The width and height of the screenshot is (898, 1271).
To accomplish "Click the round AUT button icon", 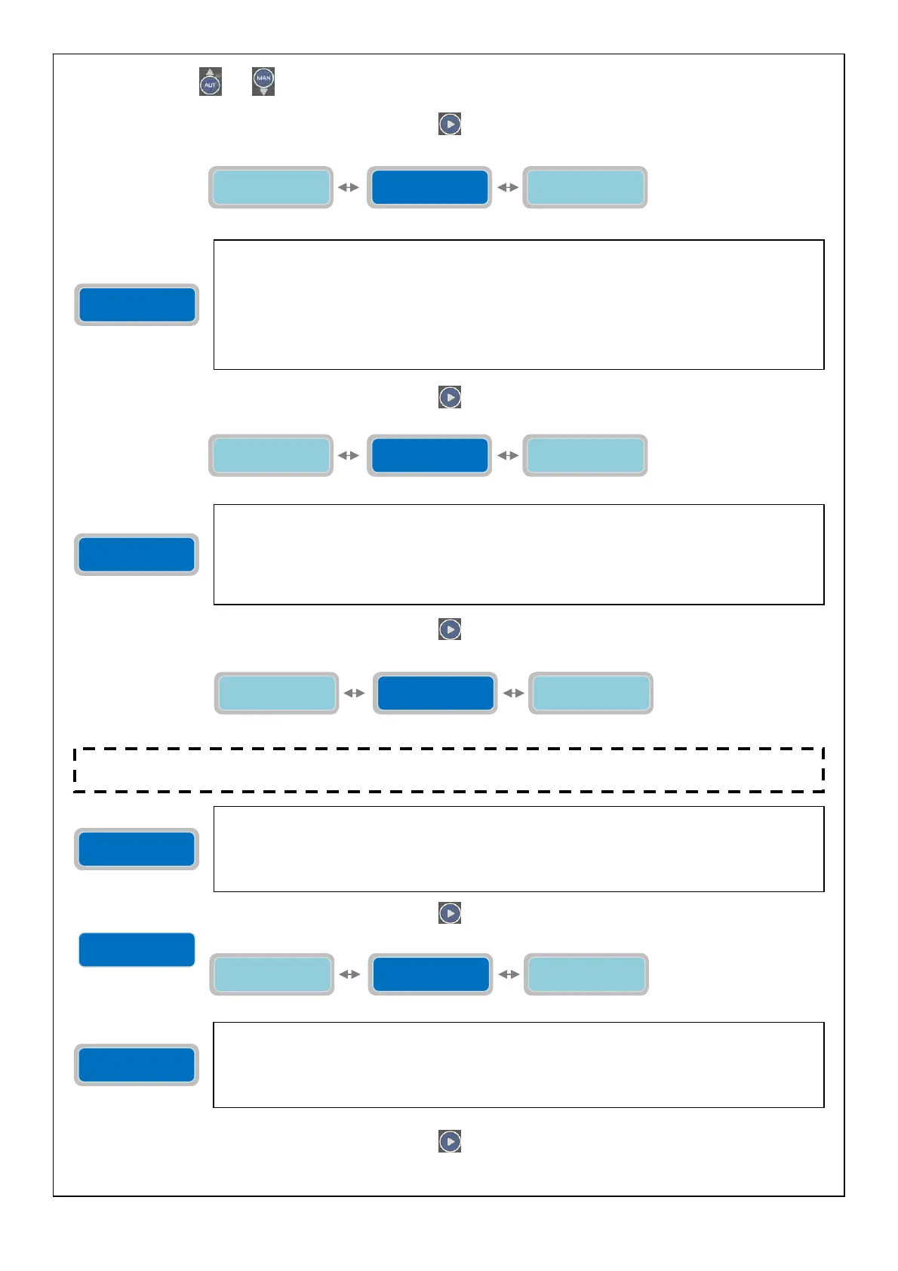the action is [210, 85].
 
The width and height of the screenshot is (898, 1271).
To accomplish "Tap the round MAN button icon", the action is [263, 78].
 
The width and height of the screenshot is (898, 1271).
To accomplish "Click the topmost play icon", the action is [450, 124].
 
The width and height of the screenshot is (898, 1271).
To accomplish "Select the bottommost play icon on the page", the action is [450, 1141].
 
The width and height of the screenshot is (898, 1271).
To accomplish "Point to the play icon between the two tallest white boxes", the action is [450, 397].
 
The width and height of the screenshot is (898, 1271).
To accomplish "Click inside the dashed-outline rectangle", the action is [448, 769].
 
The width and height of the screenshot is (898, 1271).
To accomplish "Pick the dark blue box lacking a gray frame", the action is [137, 949].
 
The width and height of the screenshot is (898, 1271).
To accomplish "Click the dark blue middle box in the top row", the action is [429, 187].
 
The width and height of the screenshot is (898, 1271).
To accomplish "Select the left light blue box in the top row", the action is [271, 187].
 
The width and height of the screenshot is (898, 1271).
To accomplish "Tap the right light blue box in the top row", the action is [585, 187].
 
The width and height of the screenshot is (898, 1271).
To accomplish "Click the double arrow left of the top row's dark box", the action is [349, 187].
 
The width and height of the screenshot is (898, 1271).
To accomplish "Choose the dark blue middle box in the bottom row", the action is [430, 974].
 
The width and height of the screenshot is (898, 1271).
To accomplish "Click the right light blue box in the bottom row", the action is [586, 974].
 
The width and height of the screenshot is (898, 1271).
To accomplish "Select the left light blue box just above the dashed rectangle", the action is [277, 693].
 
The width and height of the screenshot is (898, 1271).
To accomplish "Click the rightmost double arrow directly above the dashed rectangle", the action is [513, 693].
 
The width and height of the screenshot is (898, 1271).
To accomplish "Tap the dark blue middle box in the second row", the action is [429, 455].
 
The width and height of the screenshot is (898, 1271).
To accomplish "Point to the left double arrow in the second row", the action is [349, 455].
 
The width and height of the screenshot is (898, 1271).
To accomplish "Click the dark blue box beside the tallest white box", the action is [137, 305].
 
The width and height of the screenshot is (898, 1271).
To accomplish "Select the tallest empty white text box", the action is [518, 305].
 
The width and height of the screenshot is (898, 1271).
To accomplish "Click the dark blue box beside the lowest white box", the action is [137, 1065].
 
